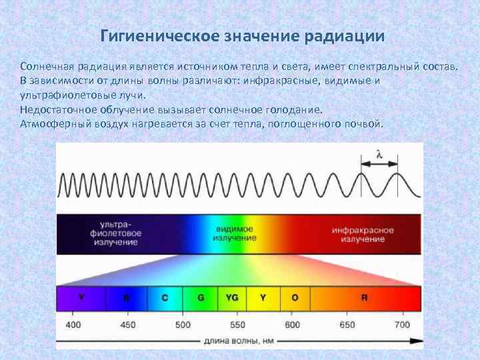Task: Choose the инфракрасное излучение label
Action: pyautogui.click(x=363, y=234)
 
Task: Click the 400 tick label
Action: pyautogui.click(x=73, y=325)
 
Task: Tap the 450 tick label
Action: pyautogui.click(x=127, y=325)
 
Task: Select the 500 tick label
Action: pyautogui.click(x=182, y=325)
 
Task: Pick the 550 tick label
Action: pyautogui.click(x=237, y=325)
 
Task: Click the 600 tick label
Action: pyautogui.click(x=292, y=325)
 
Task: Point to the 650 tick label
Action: pyautogui.click(x=347, y=325)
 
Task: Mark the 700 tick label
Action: pyautogui.click(x=401, y=325)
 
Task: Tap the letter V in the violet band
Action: pyautogui.click(x=81, y=297)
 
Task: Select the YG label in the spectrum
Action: pyautogui.click(x=232, y=298)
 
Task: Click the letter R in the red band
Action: pyautogui.click(x=364, y=298)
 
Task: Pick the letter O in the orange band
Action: pyautogui.click(x=295, y=298)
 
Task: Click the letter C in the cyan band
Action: pyautogui.click(x=165, y=298)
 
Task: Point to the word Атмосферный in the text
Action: pyautogui.click(x=52, y=124)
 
